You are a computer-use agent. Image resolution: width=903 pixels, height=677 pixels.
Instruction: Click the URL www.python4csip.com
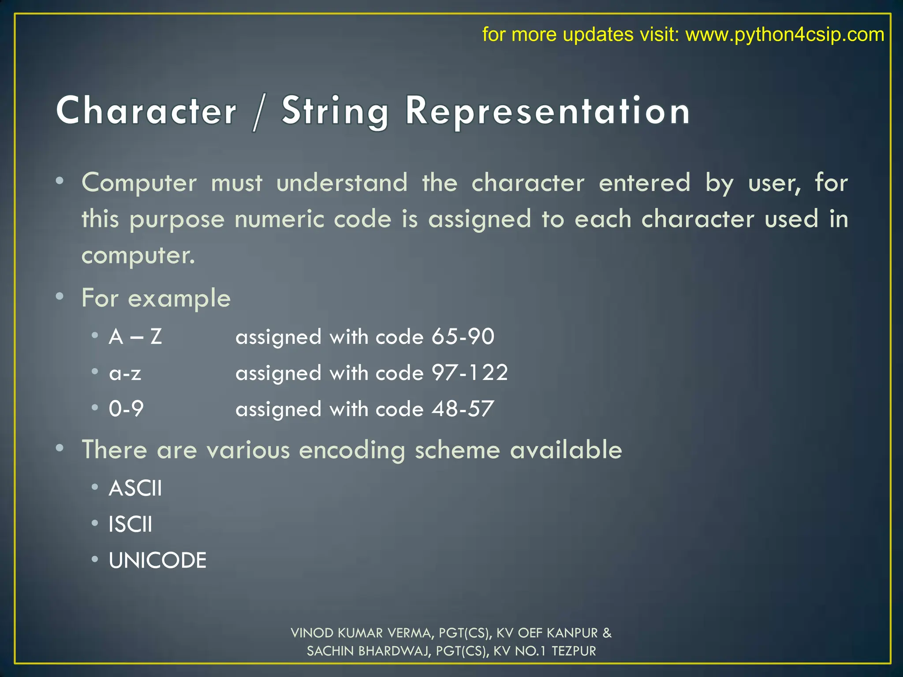pos(784,34)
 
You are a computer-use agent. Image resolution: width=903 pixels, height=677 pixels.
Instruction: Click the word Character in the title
pos(146,111)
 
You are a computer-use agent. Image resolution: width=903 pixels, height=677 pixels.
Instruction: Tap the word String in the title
pos(335,112)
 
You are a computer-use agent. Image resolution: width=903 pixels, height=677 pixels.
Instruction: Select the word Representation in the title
pos(548,112)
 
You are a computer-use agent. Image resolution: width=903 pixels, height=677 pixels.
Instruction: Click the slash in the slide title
pos(259,113)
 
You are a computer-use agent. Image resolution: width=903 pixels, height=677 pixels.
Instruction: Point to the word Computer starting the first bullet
pos(139,183)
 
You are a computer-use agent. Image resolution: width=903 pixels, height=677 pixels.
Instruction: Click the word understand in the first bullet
pos(342,183)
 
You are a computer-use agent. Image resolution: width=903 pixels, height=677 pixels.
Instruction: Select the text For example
pos(156,298)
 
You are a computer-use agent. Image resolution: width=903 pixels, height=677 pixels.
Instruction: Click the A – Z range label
pos(135,337)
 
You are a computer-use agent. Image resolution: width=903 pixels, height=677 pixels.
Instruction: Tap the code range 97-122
pos(470,373)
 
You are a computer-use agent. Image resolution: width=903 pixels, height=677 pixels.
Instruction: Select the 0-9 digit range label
pos(126,409)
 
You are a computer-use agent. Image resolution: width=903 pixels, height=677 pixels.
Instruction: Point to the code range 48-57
pos(463,409)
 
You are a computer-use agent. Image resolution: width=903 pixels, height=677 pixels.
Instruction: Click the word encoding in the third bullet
pos(352,450)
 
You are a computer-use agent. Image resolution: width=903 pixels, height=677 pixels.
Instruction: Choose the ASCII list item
pos(135,488)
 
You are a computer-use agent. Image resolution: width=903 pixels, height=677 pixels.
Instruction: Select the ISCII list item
pos(131,524)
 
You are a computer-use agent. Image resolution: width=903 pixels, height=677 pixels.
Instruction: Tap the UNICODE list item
pos(157,561)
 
